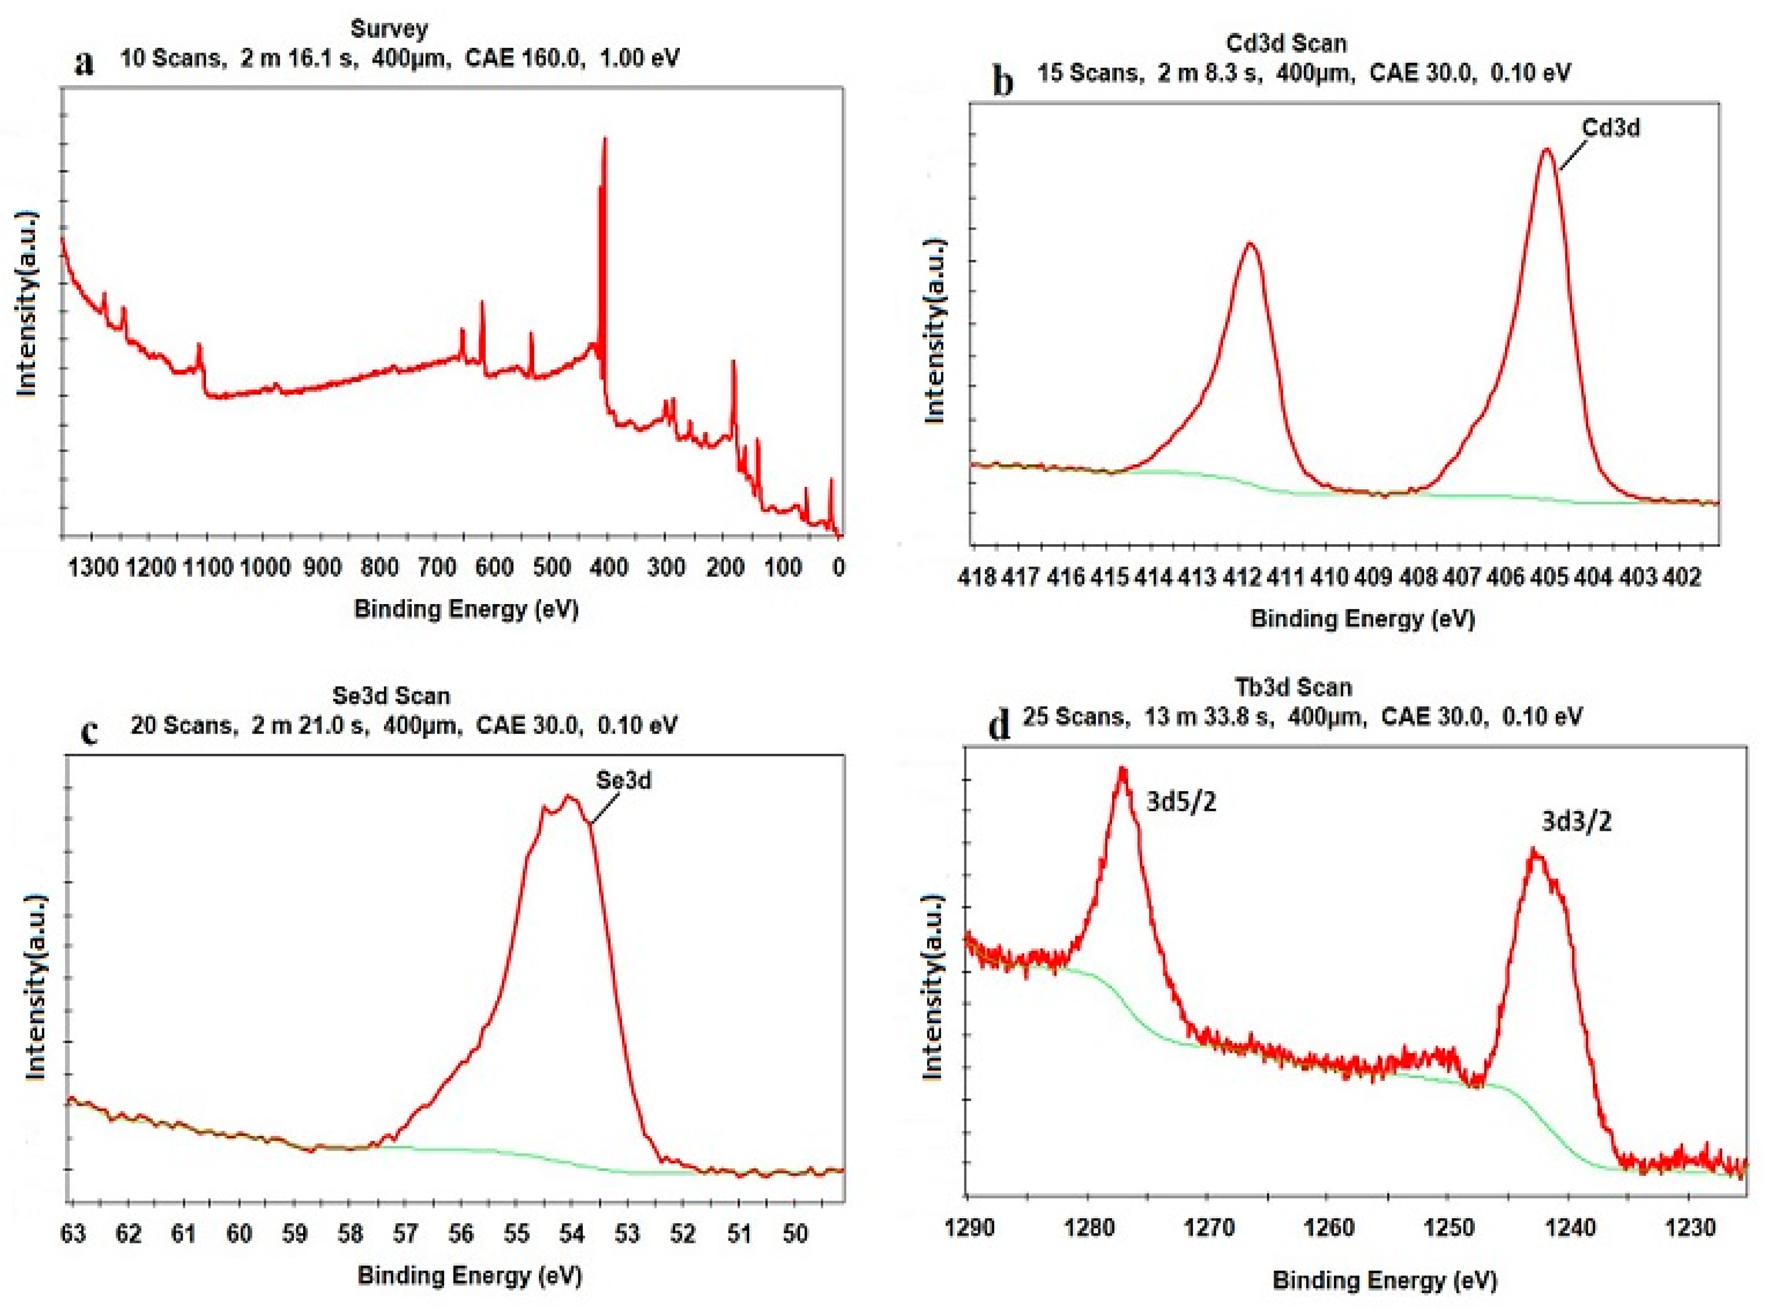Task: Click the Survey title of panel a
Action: (x=389, y=29)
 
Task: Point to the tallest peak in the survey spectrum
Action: (x=605, y=140)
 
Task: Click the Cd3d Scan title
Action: (x=1286, y=43)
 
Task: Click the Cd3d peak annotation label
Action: (x=1610, y=127)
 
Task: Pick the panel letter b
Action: (x=1003, y=81)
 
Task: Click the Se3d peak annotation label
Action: (x=623, y=780)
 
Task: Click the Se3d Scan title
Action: (x=391, y=695)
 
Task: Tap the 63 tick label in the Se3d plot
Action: (x=73, y=1234)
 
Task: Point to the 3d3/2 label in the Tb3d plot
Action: (x=1576, y=822)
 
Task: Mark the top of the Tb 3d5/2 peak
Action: (x=1122, y=769)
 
